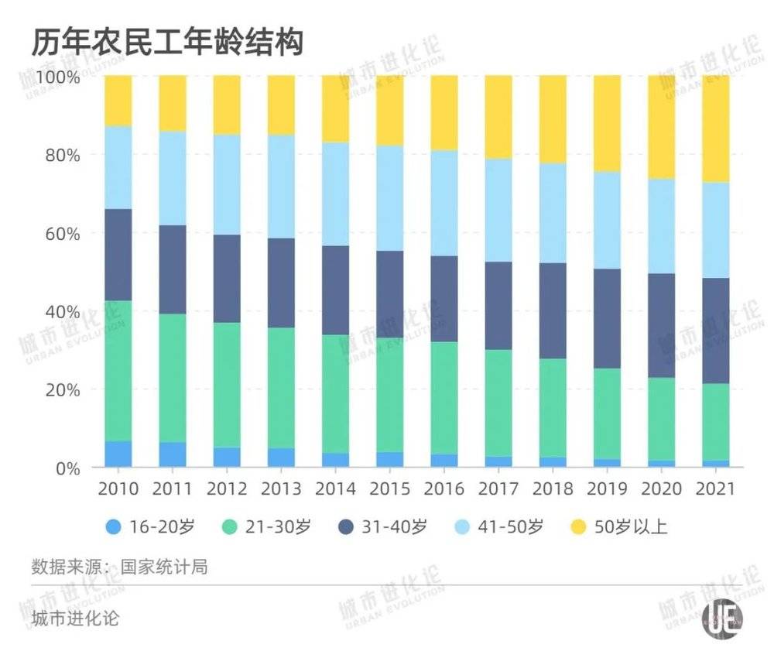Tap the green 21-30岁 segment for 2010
[118, 371]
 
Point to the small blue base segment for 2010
[118, 454]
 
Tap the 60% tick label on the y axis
[59, 234]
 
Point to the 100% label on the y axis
[56, 77]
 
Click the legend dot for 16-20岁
[113, 528]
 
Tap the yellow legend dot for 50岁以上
[577, 528]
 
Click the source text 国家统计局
[163, 566]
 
